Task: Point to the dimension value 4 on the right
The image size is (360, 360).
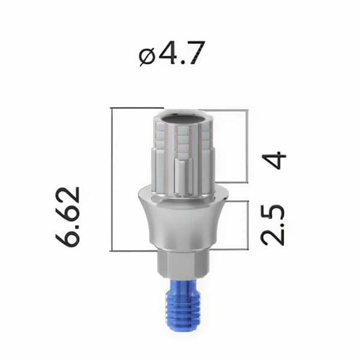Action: pos(274,161)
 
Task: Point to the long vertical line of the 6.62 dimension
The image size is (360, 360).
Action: pos(113,180)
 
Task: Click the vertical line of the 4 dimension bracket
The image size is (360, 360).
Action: pos(247,146)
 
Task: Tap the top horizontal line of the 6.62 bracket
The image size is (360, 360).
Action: pos(135,109)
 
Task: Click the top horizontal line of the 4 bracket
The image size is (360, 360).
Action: pos(228,110)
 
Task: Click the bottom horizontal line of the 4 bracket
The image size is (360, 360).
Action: pos(231,181)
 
